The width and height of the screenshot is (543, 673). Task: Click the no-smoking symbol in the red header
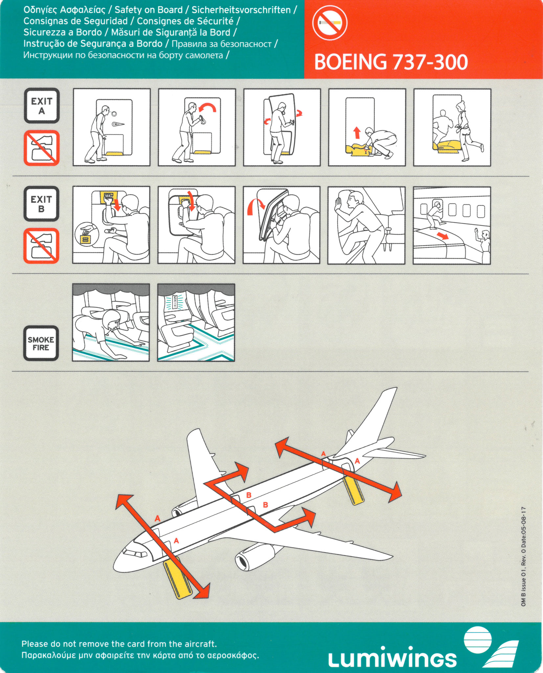click(x=329, y=23)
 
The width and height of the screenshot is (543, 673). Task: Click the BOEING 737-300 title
click(x=391, y=62)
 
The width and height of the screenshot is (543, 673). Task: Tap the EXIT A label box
click(x=42, y=105)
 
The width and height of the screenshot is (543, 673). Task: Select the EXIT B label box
click(x=41, y=204)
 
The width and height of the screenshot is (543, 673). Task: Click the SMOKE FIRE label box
click(x=41, y=343)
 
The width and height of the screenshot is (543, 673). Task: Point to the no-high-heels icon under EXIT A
click(x=41, y=148)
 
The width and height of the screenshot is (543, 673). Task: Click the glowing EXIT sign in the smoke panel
click(x=175, y=302)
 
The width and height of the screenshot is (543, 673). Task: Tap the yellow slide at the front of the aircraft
click(x=178, y=577)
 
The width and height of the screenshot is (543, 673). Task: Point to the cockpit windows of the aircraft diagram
click(x=135, y=553)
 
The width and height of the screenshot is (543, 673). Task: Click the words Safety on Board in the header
click(x=148, y=10)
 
